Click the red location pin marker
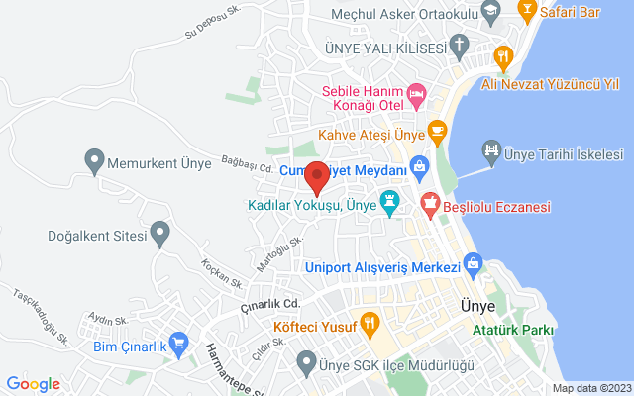pos(317,176)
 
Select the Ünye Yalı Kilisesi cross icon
pos(459,45)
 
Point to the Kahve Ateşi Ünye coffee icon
pos(436,132)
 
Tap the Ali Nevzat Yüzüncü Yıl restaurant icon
pos(503,57)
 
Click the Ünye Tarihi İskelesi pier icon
pos(490,151)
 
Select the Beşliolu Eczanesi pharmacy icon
pos(430,206)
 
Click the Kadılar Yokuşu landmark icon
pos(390,203)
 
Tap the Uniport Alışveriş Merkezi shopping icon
pos(473,265)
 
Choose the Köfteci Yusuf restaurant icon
pos(369,321)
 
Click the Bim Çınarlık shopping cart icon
pos(179,343)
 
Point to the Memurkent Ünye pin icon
pos(95,158)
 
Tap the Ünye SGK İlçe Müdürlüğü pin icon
pos(308,360)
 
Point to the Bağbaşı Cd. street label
pos(247,164)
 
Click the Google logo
pos(33,384)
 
